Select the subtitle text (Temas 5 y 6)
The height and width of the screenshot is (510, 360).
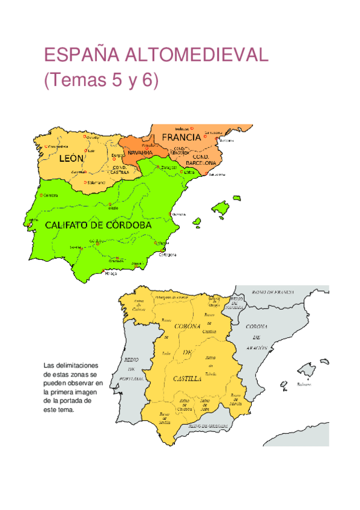tap(101, 80)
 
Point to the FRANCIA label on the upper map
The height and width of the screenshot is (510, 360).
tap(181, 138)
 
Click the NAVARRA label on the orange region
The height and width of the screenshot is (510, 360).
tap(140, 153)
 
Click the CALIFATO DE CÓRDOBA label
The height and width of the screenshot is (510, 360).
tap(97, 225)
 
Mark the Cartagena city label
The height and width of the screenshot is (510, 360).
tap(166, 254)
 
